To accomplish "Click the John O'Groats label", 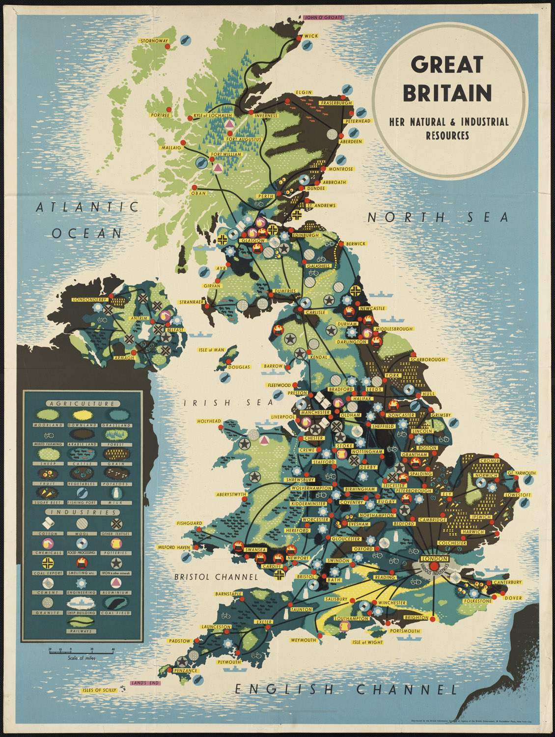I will coord(324,17).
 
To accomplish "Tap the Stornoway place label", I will coord(154,41).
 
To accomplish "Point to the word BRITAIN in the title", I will coord(447,92).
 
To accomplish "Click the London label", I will coord(435,559).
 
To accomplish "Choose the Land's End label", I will coord(145,682).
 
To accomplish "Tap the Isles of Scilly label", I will coord(100,690).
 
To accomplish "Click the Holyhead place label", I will coord(209,421).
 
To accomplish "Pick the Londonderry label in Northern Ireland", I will coord(89,299).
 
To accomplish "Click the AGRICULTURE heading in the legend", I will coord(83,404).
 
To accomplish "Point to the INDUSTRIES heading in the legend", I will coord(83,512).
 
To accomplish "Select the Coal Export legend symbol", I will coord(48,563).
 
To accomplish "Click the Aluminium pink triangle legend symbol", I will coord(116,583).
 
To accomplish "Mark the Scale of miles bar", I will coord(81,651).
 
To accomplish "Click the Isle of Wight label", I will coord(367,642).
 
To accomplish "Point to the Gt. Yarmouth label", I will coord(522,473).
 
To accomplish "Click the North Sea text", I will coord(437,217).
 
